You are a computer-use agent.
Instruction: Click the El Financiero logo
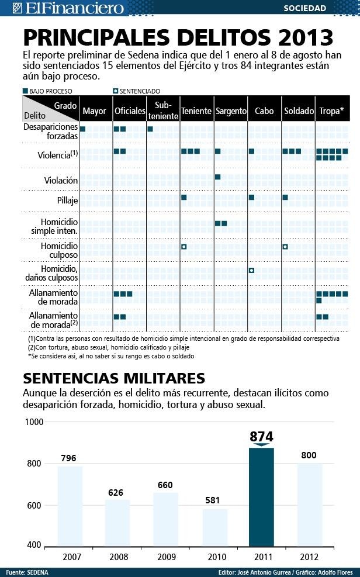click(68, 8)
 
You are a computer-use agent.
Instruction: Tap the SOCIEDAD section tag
click(305, 8)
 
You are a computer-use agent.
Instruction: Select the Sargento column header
click(231, 111)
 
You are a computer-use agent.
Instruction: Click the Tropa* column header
click(331, 111)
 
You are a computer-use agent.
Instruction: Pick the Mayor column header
click(95, 111)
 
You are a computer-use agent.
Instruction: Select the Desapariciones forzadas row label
click(50, 131)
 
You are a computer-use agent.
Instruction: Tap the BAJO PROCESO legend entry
click(48, 91)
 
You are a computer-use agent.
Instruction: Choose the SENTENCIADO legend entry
click(137, 91)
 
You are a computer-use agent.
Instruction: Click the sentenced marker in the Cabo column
click(251, 270)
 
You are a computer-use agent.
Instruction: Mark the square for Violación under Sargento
click(217, 177)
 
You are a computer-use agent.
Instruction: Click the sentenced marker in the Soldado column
click(285, 247)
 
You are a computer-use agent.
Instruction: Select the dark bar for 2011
click(261, 497)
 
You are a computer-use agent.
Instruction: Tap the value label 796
click(68, 458)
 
